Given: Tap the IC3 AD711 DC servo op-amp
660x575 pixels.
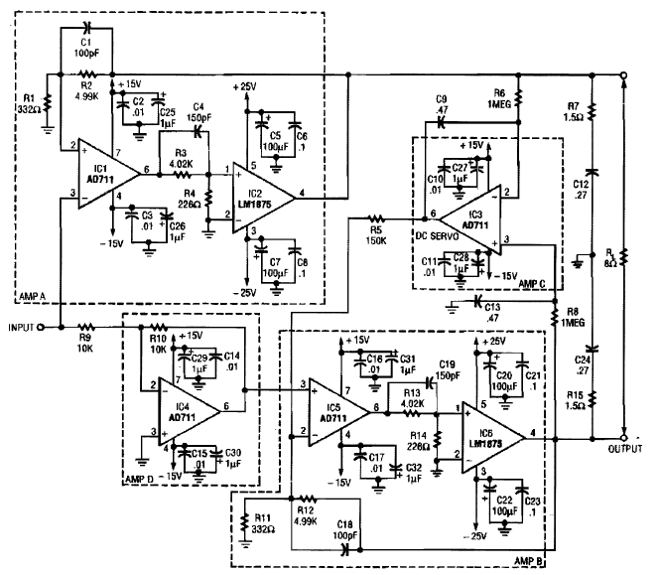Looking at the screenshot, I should point(476,216).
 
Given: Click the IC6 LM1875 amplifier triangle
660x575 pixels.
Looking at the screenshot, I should point(491,433).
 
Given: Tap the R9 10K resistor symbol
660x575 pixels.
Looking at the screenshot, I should point(86,325).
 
